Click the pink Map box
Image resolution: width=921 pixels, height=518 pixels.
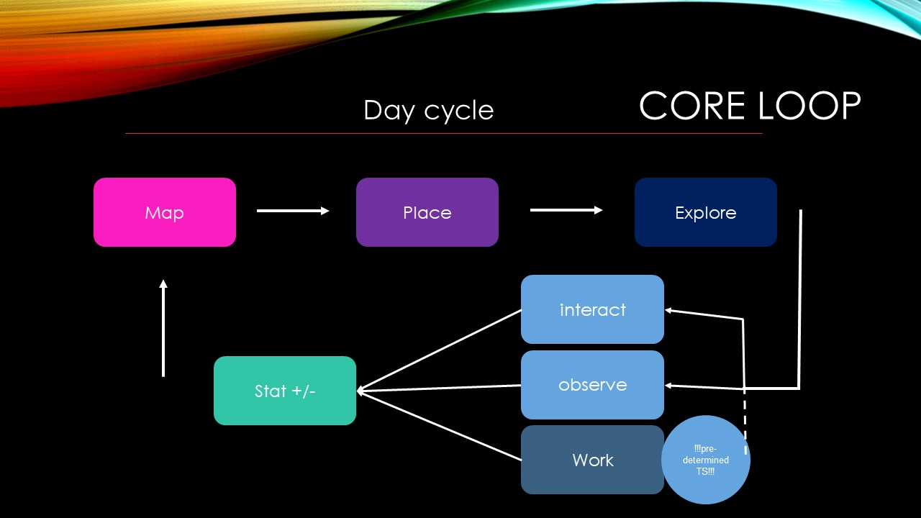(x=165, y=212)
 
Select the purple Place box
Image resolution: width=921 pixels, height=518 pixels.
(x=427, y=212)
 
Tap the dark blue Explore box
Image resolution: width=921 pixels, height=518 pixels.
(x=705, y=212)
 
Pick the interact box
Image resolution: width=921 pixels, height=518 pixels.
(x=592, y=309)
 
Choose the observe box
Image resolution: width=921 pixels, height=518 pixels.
(x=592, y=385)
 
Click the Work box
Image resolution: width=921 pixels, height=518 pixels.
(x=592, y=460)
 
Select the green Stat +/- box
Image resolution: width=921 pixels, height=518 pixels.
(x=285, y=391)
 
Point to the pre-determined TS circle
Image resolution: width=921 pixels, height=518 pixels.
(x=706, y=460)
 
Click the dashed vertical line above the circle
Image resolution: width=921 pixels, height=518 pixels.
(x=745, y=421)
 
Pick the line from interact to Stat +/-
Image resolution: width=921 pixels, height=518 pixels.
(x=440, y=350)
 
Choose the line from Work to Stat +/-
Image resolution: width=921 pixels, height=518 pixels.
(x=440, y=427)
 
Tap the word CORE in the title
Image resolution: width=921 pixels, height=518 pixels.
(x=691, y=106)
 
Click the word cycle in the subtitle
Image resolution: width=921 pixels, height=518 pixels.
(x=458, y=111)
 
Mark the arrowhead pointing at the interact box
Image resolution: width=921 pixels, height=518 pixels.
(x=669, y=311)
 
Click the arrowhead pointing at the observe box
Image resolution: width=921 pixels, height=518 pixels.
(x=669, y=386)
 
